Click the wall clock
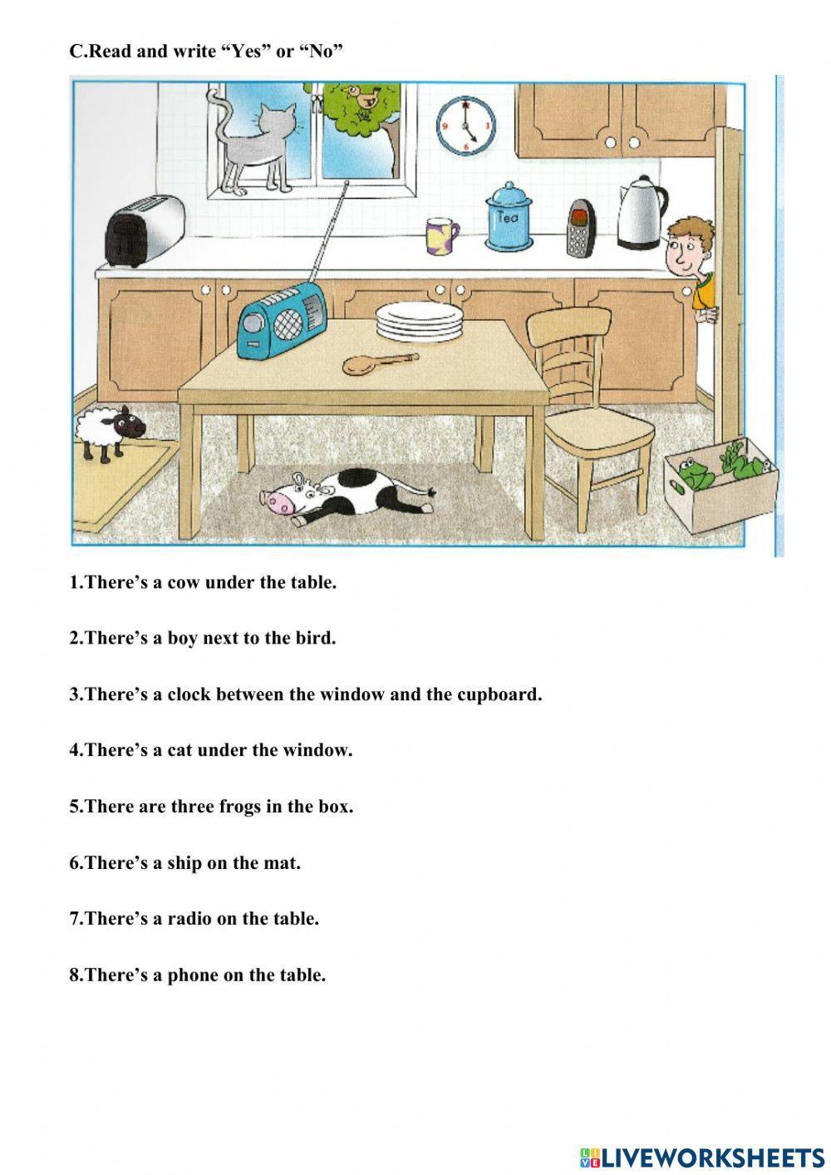(x=465, y=126)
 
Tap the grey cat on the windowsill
(x=258, y=148)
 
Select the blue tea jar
(x=509, y=218)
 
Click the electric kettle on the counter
(x=642, y=213)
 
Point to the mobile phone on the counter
(x=580, y=229)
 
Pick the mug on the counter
(x=441, y=235)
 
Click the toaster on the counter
(x=144, y=230)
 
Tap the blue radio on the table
(x=283, y=318)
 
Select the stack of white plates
(x=418, y=321)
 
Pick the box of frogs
(x=720, y=483)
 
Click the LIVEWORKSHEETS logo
(x=702, y=1157)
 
